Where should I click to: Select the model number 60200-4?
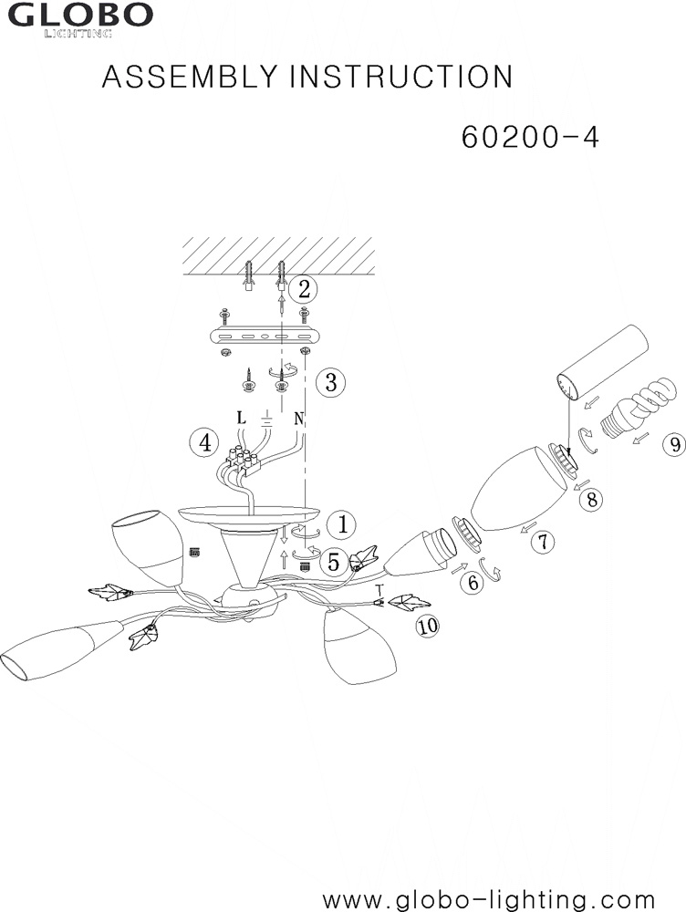coord(530,138)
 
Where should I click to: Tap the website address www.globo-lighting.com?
coord(489,899)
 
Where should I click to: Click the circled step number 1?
coord(342,524)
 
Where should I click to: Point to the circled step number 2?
coord(304,289)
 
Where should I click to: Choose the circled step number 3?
coord(330,382)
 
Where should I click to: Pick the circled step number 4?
coord(205,443)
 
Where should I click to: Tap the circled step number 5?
coord(333,562)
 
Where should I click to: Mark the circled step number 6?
coord(473,582)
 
